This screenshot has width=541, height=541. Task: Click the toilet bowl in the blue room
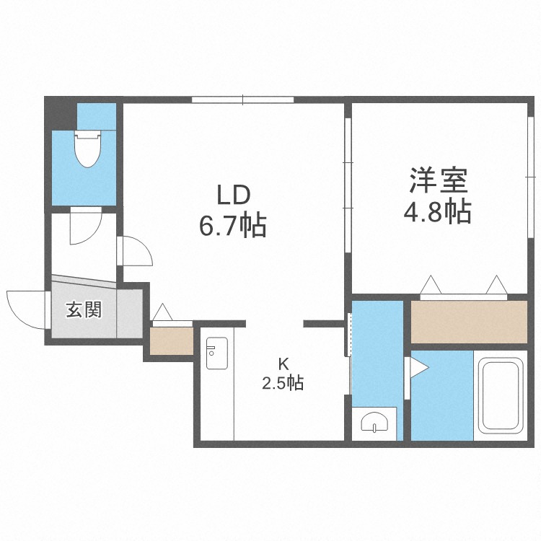[87, 148]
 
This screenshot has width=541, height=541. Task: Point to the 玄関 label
[84, 310]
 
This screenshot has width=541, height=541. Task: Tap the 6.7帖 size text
[233, 226]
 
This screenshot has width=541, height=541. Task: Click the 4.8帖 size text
[437, 212]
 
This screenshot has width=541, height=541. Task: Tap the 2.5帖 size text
[282, 384]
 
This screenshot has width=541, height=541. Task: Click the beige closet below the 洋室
[469, 322]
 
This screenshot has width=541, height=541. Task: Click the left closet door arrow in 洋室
[431, 284]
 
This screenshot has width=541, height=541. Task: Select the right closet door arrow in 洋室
[496, 284]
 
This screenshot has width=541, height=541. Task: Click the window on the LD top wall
[243, 99]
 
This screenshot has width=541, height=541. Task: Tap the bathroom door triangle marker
[419, 368]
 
